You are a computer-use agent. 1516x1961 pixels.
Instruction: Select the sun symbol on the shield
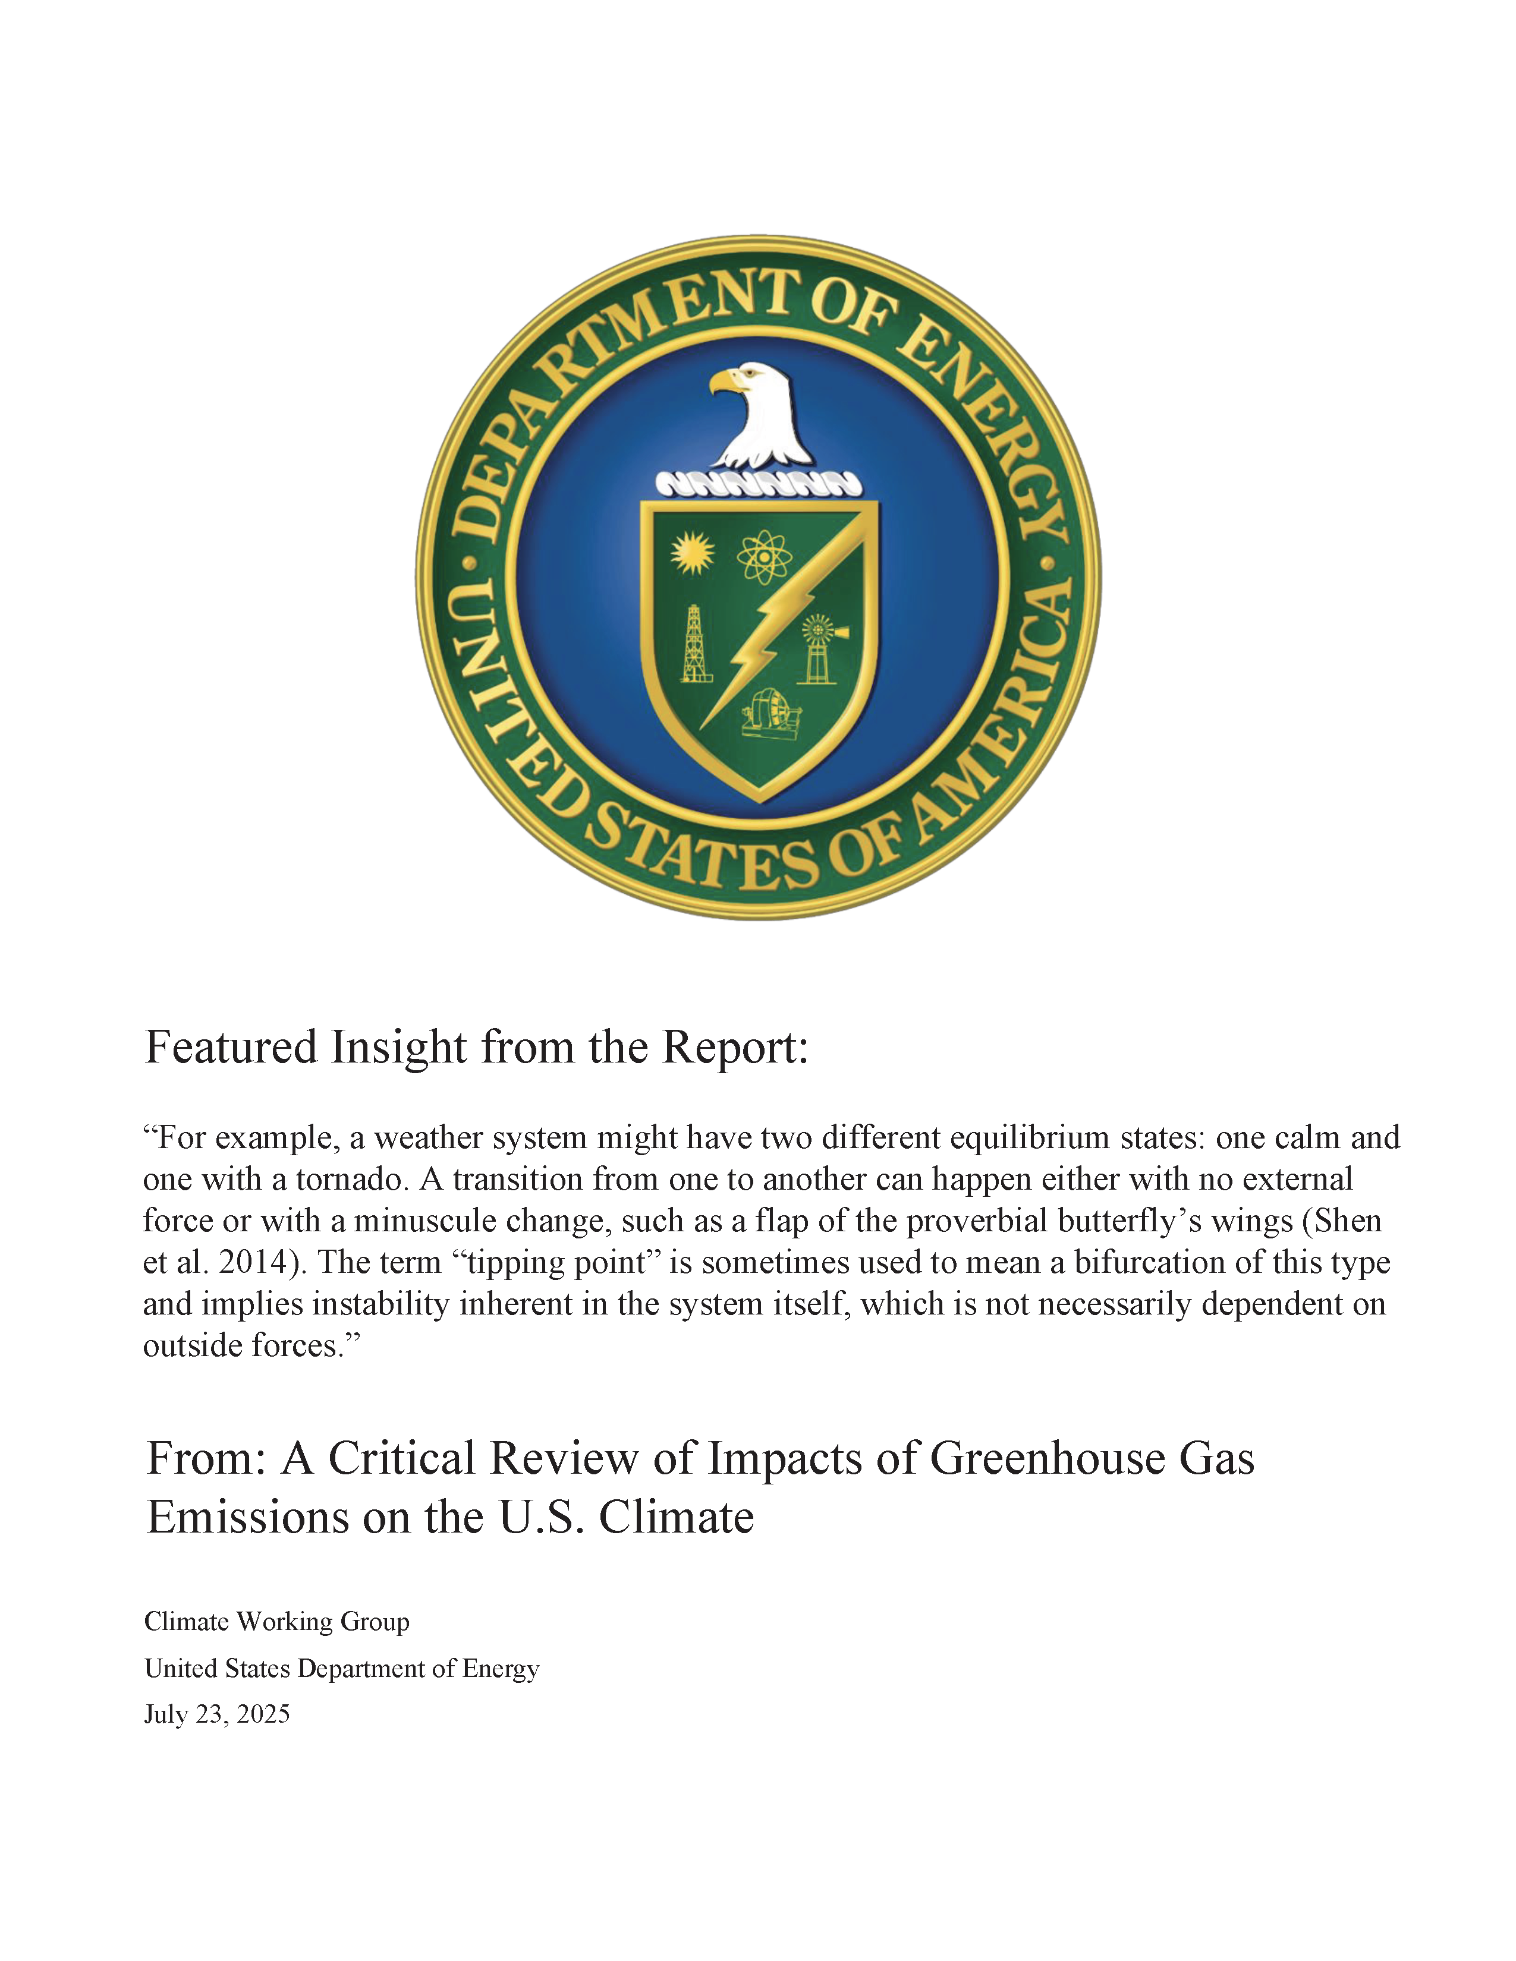693,552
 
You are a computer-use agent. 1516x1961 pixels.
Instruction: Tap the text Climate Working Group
276,1622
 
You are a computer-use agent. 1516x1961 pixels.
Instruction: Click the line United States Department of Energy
341,1668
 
